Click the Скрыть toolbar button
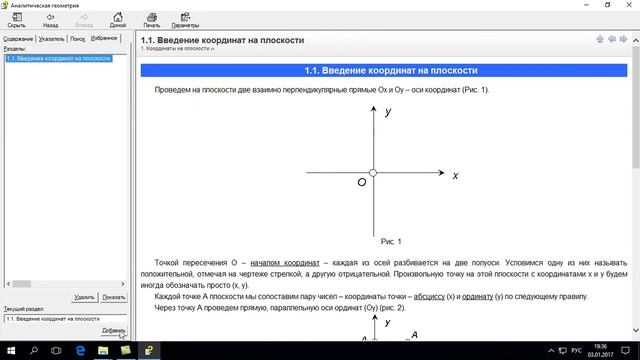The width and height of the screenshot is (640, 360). pos(17,20)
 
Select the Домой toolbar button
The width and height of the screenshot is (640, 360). pos(118,20)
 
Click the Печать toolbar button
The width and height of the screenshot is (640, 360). pos(151,20)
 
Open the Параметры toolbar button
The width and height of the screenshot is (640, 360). pos(185,20)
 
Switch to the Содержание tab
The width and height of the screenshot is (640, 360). pos(18,38)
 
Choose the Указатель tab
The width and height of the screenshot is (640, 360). pos(51,38)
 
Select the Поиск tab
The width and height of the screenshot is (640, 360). pos(77,38)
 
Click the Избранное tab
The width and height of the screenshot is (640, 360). pos(104,38)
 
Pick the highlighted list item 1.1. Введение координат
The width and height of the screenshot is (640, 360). pos(58,58)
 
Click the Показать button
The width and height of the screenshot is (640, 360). pos(114,297)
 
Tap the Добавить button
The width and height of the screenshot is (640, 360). pos(114,330)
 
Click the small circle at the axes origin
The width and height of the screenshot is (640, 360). pos(373,173)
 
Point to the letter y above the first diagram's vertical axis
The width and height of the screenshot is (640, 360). pos(387,112)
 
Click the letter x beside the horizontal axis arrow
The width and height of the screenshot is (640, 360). pos(455,175)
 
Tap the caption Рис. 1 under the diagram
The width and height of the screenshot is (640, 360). pos(391,241)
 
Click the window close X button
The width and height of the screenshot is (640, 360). pos(625,5)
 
